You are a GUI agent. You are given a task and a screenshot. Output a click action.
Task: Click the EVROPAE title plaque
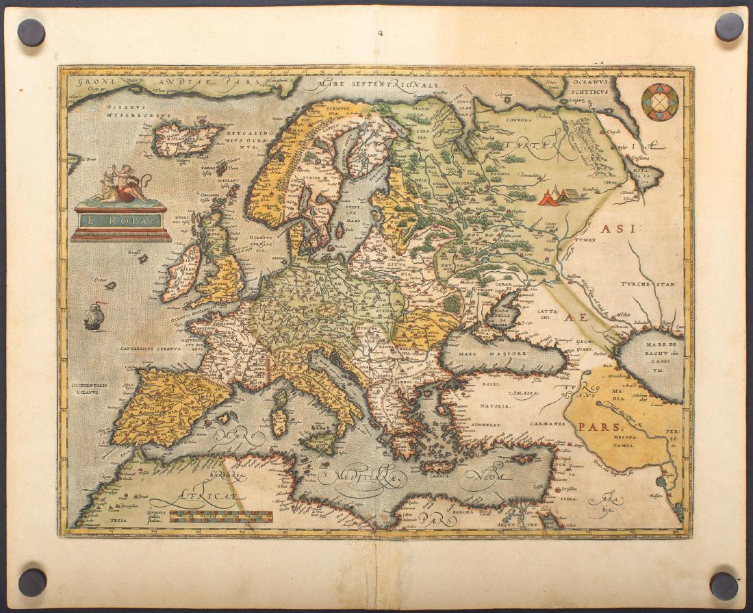[x=120, y=221]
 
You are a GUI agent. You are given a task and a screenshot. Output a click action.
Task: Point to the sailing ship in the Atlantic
[x=94, y=316]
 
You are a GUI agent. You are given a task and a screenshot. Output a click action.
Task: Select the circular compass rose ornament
[x=660, y=102]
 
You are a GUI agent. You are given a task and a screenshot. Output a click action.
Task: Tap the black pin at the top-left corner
[x=31, y=32]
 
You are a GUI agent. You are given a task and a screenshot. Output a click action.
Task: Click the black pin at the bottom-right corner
[x=724, y=586]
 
